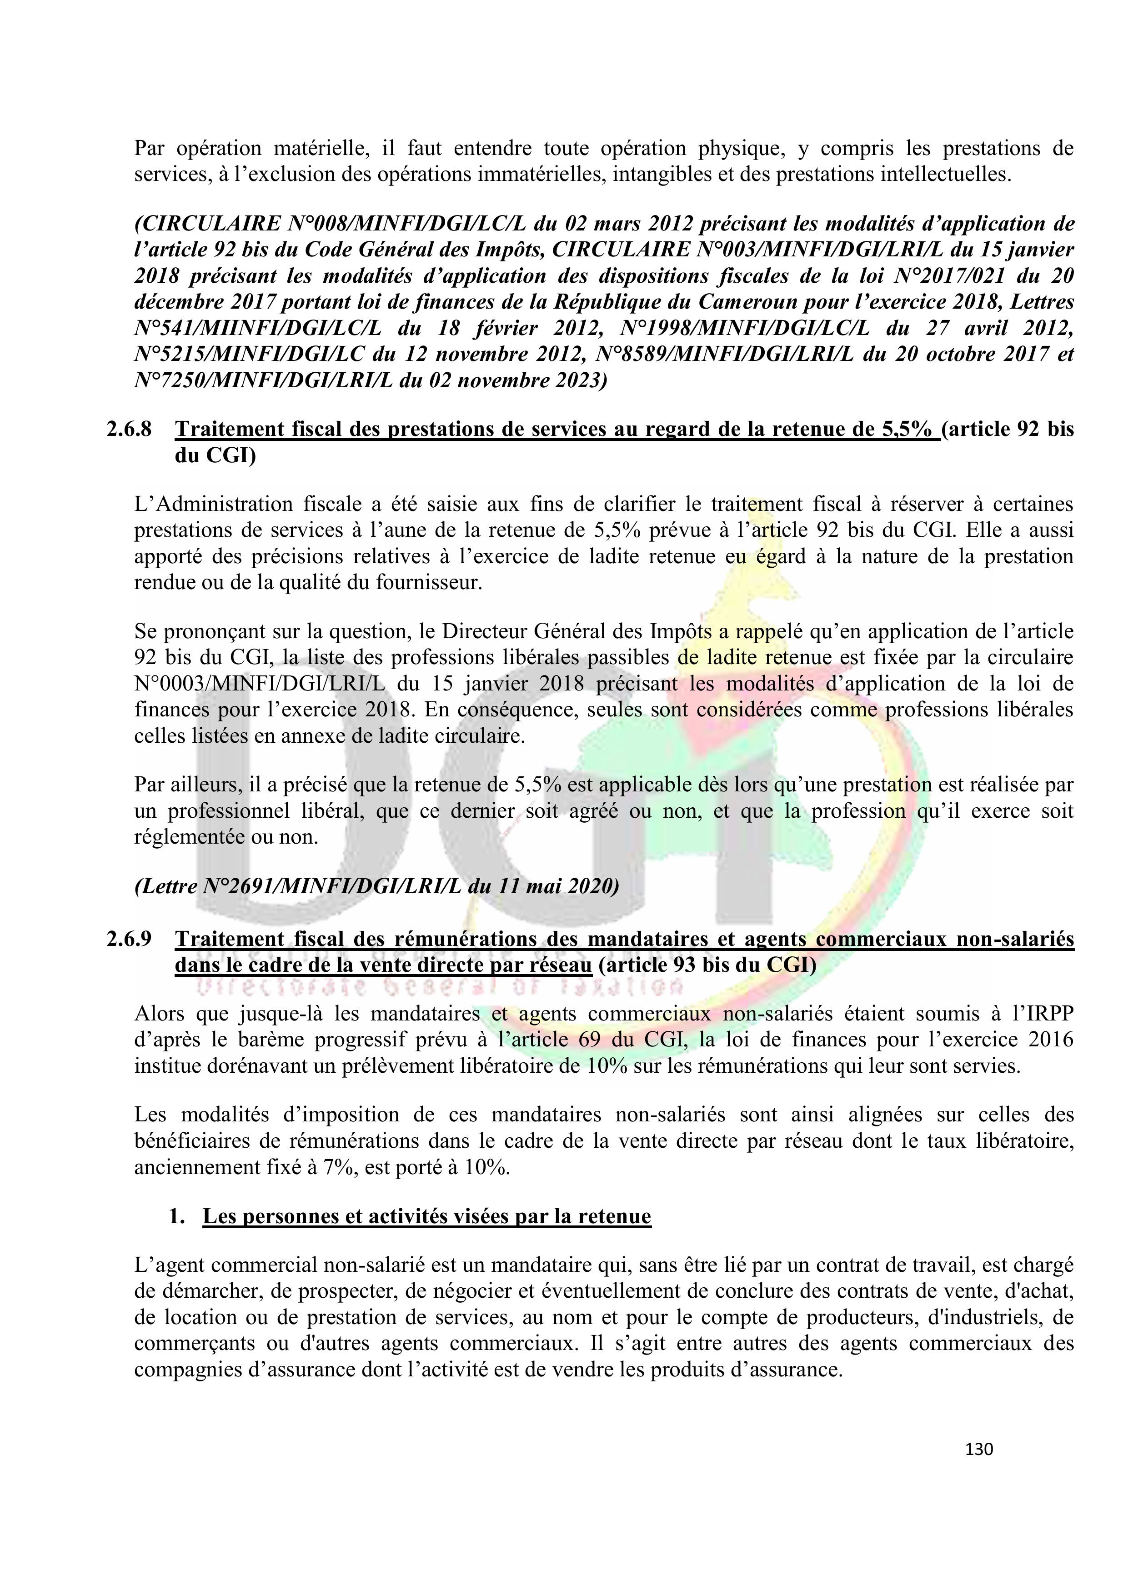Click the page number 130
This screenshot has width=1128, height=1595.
tap(978, 1449)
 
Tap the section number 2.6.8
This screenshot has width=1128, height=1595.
tap(129, 429)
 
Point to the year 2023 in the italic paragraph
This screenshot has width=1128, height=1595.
tap(572, 381)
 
